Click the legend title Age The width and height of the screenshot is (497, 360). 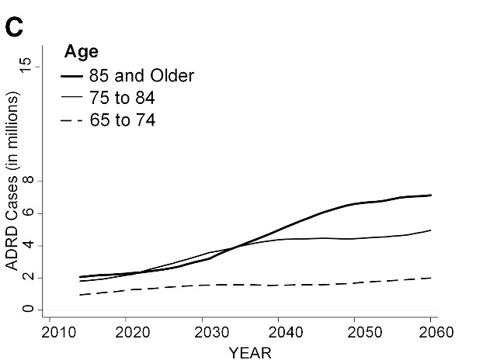point(81,53)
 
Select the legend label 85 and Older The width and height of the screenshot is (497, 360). point(141,75)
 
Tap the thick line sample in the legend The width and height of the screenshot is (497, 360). point(73,76)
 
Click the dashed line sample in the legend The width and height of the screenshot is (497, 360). point(73,121)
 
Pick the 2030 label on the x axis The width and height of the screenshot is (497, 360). point(203,333)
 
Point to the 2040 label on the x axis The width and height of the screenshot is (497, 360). point(279,333)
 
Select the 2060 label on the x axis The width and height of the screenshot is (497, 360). point(432,333)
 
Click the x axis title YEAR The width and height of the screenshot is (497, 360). point(250,351)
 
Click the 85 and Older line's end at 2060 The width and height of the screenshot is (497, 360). point(431,196)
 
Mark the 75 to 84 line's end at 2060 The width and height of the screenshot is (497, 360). point(431,230)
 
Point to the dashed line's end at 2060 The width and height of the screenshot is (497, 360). point(431,278)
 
